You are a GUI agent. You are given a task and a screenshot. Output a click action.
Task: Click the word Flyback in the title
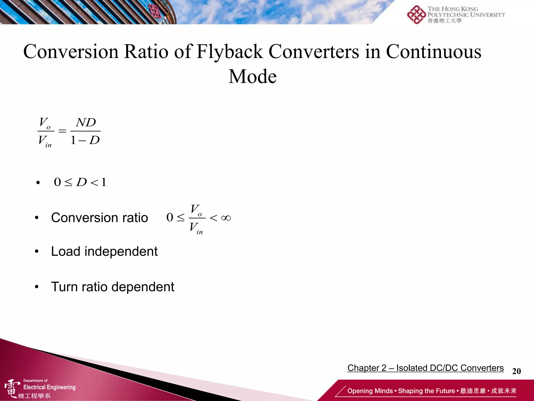coord(229,51)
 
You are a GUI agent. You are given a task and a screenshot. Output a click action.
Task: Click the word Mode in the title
coord(252,76)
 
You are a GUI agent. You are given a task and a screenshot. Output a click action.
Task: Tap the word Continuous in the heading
coord(433,51)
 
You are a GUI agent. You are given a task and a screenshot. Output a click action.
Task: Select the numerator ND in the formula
coord(86,122)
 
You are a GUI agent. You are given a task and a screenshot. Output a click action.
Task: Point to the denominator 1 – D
coord(85,140)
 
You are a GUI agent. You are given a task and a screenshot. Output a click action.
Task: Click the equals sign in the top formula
coord(62,131)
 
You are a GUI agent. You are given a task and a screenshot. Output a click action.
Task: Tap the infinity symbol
coord(226,218)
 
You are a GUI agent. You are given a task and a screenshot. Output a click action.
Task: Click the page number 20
coord(516,371)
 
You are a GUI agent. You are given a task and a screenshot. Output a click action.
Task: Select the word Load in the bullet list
coord(65,251)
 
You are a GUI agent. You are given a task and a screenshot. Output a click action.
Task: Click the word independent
coord(121,251)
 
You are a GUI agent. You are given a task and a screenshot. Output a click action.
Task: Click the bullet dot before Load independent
coord(37,252)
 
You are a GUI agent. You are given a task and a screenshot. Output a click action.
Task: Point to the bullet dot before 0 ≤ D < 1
coord(38,182)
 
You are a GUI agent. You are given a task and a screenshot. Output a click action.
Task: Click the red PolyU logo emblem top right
coord(416,15)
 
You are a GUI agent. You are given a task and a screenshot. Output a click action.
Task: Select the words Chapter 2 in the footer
coord(367,368)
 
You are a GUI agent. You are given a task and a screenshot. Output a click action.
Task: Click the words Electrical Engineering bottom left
coord(50,387)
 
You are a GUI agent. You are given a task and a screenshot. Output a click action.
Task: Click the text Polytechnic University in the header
coord(466,15)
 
